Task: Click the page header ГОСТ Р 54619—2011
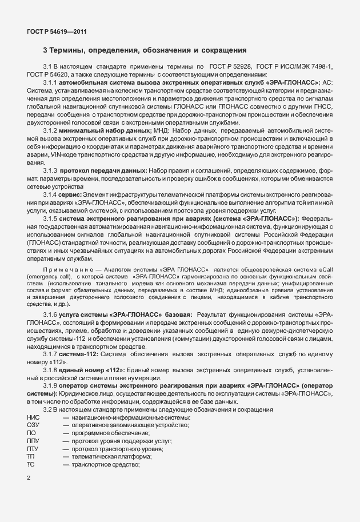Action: point(57,32)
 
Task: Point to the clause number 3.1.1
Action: point(52,82)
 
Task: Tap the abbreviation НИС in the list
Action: point(33,418)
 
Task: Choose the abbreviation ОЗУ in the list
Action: point(33,425)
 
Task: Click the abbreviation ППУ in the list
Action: point(33,441)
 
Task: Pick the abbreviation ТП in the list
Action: point(31,457)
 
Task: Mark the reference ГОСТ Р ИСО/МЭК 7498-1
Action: point(295,67)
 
